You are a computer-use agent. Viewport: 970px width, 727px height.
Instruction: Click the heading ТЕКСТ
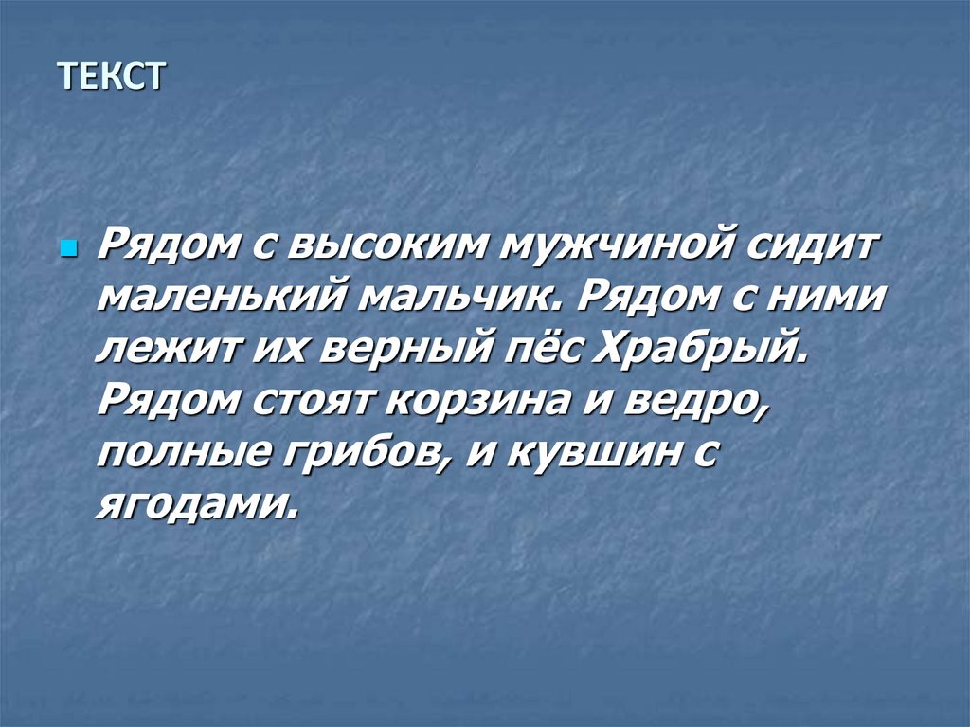point(111,75)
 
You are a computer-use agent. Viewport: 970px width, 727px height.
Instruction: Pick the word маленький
point(219,300)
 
